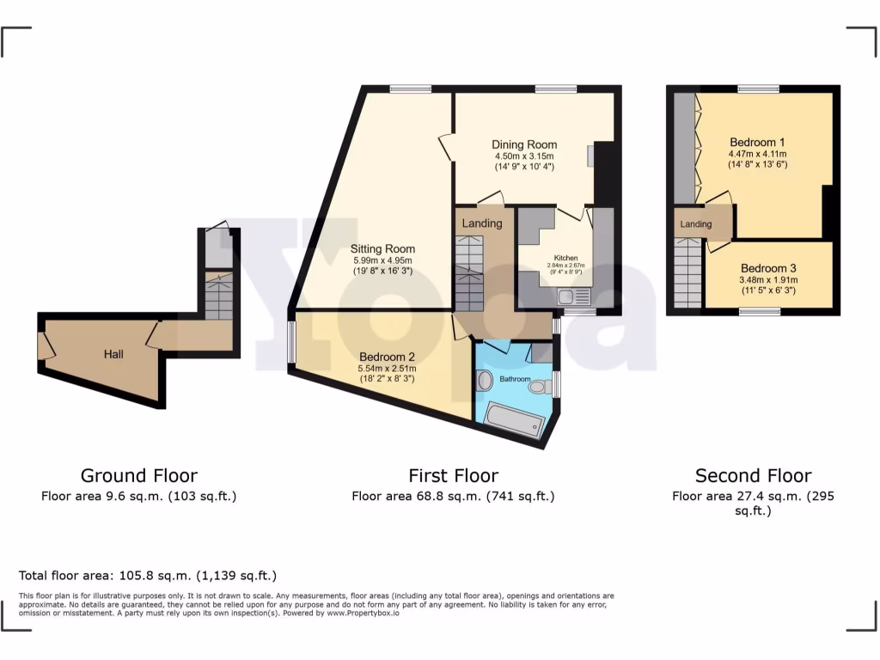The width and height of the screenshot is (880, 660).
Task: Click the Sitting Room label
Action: (x=382, y=249)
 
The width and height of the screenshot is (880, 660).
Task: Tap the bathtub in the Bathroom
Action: (x=514, y=420)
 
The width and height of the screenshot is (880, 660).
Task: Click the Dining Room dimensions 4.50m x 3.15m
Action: (x=524, y=156)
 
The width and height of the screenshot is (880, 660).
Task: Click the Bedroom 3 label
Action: (x=768, y=267)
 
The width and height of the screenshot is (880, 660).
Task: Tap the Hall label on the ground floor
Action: (x=113, y=354)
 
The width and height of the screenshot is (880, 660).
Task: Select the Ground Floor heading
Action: (x=139, y=475)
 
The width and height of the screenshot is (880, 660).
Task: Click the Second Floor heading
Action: (x=753, y=475)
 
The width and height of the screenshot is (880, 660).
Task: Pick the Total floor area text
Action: (x=148, y=576)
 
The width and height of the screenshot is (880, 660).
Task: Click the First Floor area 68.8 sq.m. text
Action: (x=453, y=496)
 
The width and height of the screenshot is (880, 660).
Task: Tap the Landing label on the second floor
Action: (x=696, y=224)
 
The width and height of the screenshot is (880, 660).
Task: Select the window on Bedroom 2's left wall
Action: (x=291, y=339)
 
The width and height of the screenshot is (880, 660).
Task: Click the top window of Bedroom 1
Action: (x=757, y=89)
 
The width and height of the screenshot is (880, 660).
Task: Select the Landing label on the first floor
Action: (x=482, y=223)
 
